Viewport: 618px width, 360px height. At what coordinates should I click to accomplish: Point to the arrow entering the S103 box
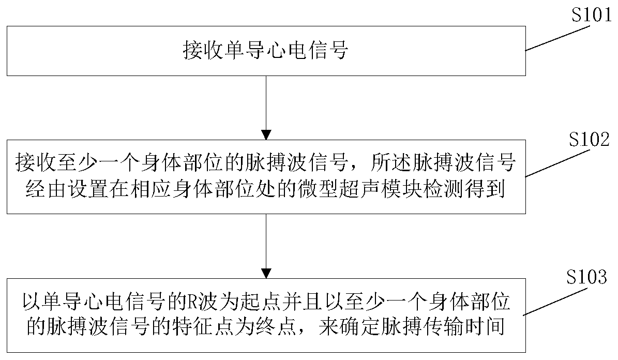(x=266, y=246)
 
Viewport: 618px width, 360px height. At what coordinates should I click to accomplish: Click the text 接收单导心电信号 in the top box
(x=265, y=51)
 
